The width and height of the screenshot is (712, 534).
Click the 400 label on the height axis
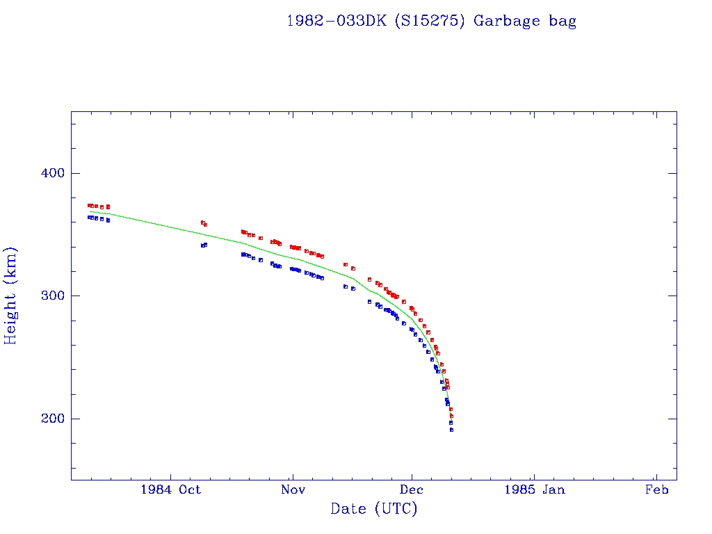[47, 173]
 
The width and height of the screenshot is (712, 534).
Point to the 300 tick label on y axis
[47, 296]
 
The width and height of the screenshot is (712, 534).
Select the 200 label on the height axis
[47, 419]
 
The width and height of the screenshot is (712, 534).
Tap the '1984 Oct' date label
[170, 489]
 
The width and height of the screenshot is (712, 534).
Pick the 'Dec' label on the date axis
[412, 489]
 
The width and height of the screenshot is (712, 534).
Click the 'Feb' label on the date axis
[656, 489]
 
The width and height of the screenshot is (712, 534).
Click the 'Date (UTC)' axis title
[374, 509]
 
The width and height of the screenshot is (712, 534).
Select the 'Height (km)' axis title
[11, 296]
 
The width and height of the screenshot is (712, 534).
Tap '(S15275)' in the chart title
[430, 21]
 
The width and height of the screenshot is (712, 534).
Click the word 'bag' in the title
[563, 21]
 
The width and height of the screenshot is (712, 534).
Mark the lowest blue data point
[451, 430]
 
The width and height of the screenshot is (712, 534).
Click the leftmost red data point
[89, 205]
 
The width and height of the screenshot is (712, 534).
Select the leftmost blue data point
[89, 217]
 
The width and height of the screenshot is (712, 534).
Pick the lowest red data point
[451, 416]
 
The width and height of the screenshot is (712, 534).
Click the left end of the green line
[89, 211]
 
